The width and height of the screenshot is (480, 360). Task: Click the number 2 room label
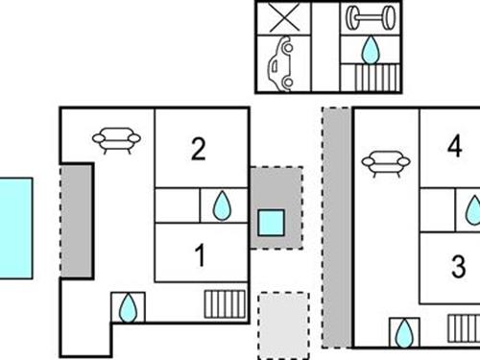click(x=198, y=149)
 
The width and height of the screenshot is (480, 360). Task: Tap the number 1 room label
click(x=200, y=256)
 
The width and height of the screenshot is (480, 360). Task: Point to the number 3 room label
click(x=458, y=264)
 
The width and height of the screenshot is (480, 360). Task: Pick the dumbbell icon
click(x=370, y=18)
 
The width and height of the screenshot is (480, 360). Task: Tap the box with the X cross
click(x=281, y=18)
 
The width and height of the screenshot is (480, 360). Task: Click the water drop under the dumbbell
click(x=370, y=48)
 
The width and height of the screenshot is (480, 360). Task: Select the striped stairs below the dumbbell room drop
click(x=370, y=78)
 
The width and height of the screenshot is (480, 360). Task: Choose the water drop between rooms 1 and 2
click(x=222, y=204)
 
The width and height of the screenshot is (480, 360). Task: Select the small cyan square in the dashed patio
click(x=272, y=223)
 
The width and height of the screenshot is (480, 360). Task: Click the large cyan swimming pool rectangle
click(x=15, y=228)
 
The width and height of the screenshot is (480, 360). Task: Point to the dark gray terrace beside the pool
click(x=76, y=220)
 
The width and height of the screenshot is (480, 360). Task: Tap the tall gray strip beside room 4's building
click(x=336, y=228)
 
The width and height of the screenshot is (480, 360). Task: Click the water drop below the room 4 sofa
click(x=404, y=332)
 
